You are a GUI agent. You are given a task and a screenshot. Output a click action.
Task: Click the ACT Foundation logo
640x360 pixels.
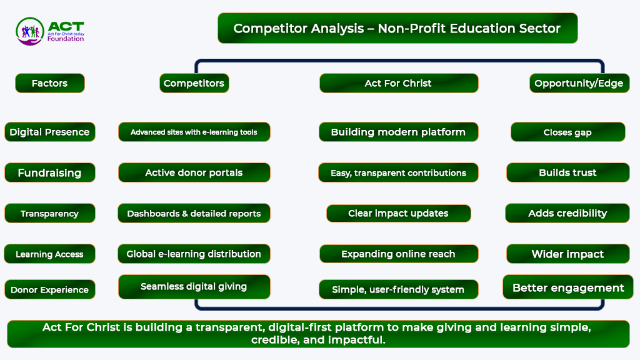[x=50, y=31]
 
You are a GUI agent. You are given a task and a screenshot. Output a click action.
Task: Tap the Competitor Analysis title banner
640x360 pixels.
[x=397, y=28]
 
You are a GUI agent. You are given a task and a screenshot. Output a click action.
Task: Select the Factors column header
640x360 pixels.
[x=50, y=83]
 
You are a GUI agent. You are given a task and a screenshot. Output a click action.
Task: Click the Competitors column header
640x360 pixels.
[x=194, y=83]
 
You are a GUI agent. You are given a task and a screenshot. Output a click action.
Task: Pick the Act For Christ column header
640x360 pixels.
[x=399, y=83]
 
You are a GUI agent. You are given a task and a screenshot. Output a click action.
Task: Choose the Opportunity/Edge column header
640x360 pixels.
[x=579, y=83]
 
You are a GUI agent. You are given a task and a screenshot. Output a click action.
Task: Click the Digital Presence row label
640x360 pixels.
[x=50, y=132]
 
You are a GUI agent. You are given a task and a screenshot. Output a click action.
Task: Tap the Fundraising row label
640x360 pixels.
[x=50, y=172]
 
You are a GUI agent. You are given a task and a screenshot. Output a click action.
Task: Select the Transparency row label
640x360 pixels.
[x=50, y=214]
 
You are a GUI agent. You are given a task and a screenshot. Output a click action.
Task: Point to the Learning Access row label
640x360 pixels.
[x=50, y=254]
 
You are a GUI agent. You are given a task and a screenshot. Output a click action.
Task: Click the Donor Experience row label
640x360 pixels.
[x=50, y=289]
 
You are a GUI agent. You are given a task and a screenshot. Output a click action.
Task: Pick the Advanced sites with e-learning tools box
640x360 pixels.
[x=194, y=132]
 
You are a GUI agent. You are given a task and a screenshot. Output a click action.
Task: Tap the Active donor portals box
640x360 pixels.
[x=194, y=172]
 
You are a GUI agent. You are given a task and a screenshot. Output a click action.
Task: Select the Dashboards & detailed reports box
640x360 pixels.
[x=194, y=214]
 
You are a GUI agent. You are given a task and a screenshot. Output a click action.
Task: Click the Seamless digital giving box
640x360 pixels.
[x=194, y=286]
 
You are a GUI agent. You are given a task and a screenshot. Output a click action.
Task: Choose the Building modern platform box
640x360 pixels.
[x=398, y=132]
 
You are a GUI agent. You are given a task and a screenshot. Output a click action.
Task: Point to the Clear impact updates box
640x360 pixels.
[x=398, y=214]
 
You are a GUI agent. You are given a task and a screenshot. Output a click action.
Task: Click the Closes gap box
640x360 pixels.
[x=567, y=132]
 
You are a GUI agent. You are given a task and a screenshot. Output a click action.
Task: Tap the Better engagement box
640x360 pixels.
[x=568, y=287]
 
